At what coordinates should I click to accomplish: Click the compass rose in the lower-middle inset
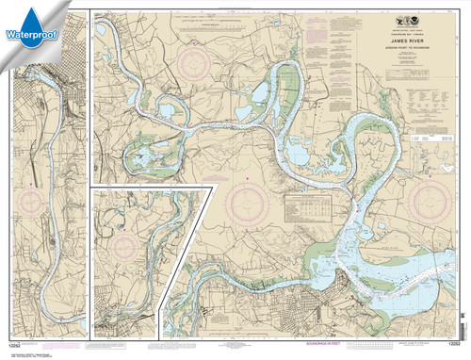tap(124, 247)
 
